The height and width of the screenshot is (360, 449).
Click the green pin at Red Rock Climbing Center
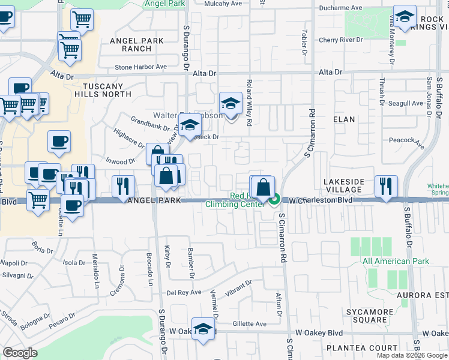point(275,199)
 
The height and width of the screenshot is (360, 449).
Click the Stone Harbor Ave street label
point(140,67)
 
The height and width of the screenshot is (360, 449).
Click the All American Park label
point(396,261)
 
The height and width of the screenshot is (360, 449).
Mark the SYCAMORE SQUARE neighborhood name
point(367,316)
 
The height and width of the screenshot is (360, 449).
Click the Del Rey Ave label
point(183,293)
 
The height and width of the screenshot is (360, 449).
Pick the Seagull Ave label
point(406,103)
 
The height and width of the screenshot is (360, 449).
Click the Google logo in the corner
point(20,353)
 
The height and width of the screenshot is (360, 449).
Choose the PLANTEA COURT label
point(372,348)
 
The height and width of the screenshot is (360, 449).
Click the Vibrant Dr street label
point(239,287)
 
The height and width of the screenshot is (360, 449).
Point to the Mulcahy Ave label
point(216,4)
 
